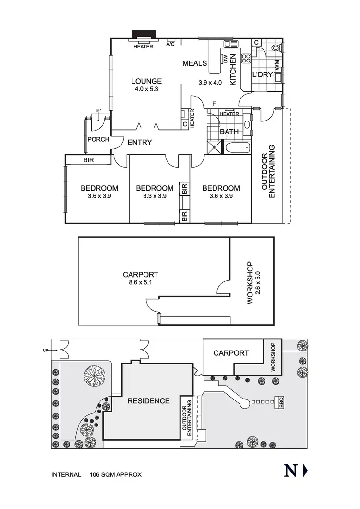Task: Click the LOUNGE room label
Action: pos(147,81)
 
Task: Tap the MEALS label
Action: pos(194,63)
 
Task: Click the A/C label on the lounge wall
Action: pos(170,44)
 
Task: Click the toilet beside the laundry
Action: pos(275,48)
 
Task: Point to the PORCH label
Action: pos(98,140)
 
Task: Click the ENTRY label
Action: pos(140,143)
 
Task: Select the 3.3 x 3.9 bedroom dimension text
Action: pos(154,196)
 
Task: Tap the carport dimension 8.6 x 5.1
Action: pos(140,283)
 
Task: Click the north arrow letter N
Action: pos(289,471)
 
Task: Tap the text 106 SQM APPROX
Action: pos(115,475)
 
